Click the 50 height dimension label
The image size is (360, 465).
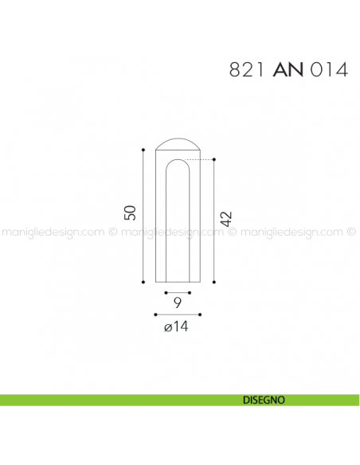pyautogui.click(x=130, y=213)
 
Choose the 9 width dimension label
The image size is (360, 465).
pyautogui.click(x=178, y=303)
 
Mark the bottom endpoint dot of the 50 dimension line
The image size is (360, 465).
pyautogui.click(x=143, y=281)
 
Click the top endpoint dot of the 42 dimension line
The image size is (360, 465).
pyautogui.click(x=214, y=160)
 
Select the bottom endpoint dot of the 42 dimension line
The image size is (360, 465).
pyautogui.click(x=214, y=281)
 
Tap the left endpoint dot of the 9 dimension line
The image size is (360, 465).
pyautogui.click(x=166, y=292)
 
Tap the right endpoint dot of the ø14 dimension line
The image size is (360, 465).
pyautogui.click(x=200, y=314)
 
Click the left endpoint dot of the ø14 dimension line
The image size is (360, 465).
pyautogui.click(x=155, y=314)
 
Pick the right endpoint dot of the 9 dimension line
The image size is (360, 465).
pyautogui.click(x=190, y=292)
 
